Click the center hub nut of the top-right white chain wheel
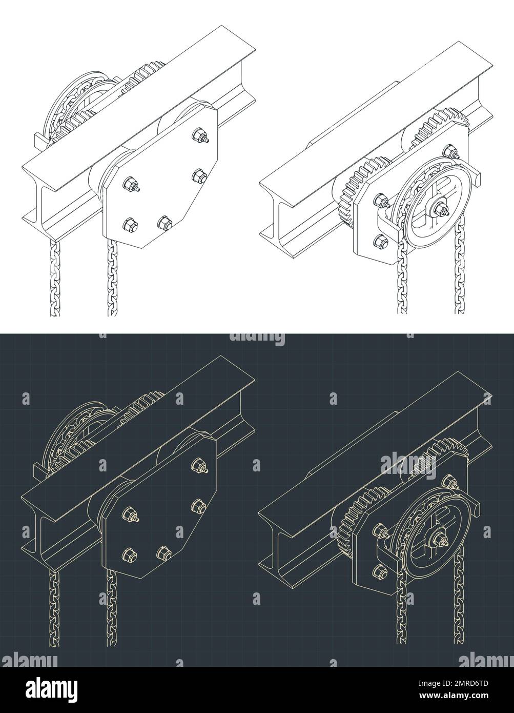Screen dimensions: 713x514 click(x=441, y=209)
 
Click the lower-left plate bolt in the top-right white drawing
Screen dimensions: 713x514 click(x=381, y=240)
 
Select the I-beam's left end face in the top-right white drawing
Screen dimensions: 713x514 click(x=277, y=210)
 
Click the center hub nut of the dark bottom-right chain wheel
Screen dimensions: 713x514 click(x=441, y=539)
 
